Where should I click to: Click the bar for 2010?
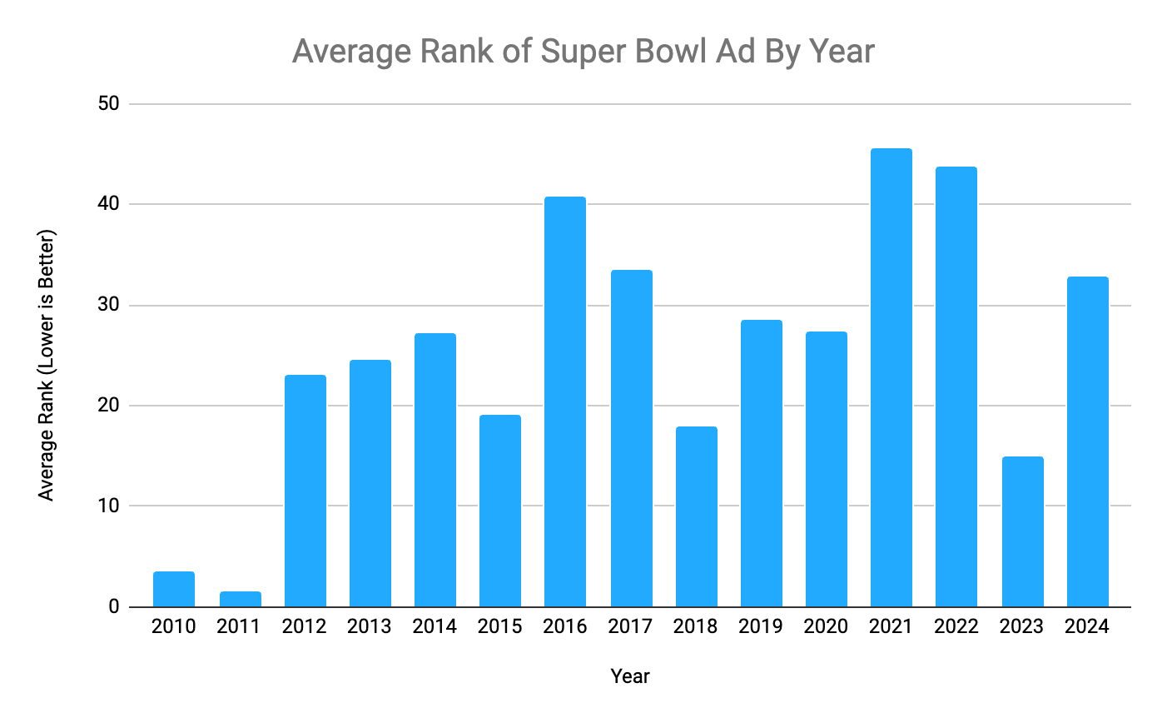click(174, 589)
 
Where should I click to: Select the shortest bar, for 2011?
click(239, 599)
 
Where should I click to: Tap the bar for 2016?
click(565, 401)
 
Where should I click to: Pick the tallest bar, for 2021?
click(891, 377)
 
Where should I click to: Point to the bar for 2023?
click(1022, 531)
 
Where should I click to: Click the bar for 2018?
click(696, 516)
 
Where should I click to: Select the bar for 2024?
click(1087, 441)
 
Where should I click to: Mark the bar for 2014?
click(435, 470)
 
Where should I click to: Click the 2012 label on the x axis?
click(305, 626)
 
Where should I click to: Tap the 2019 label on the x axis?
click(761, 626)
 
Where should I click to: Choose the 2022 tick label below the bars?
click(956, 626)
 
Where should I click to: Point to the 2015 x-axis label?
click(500, 626)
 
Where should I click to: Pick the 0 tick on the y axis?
click(115, 607)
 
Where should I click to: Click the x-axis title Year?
click(630, 676)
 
